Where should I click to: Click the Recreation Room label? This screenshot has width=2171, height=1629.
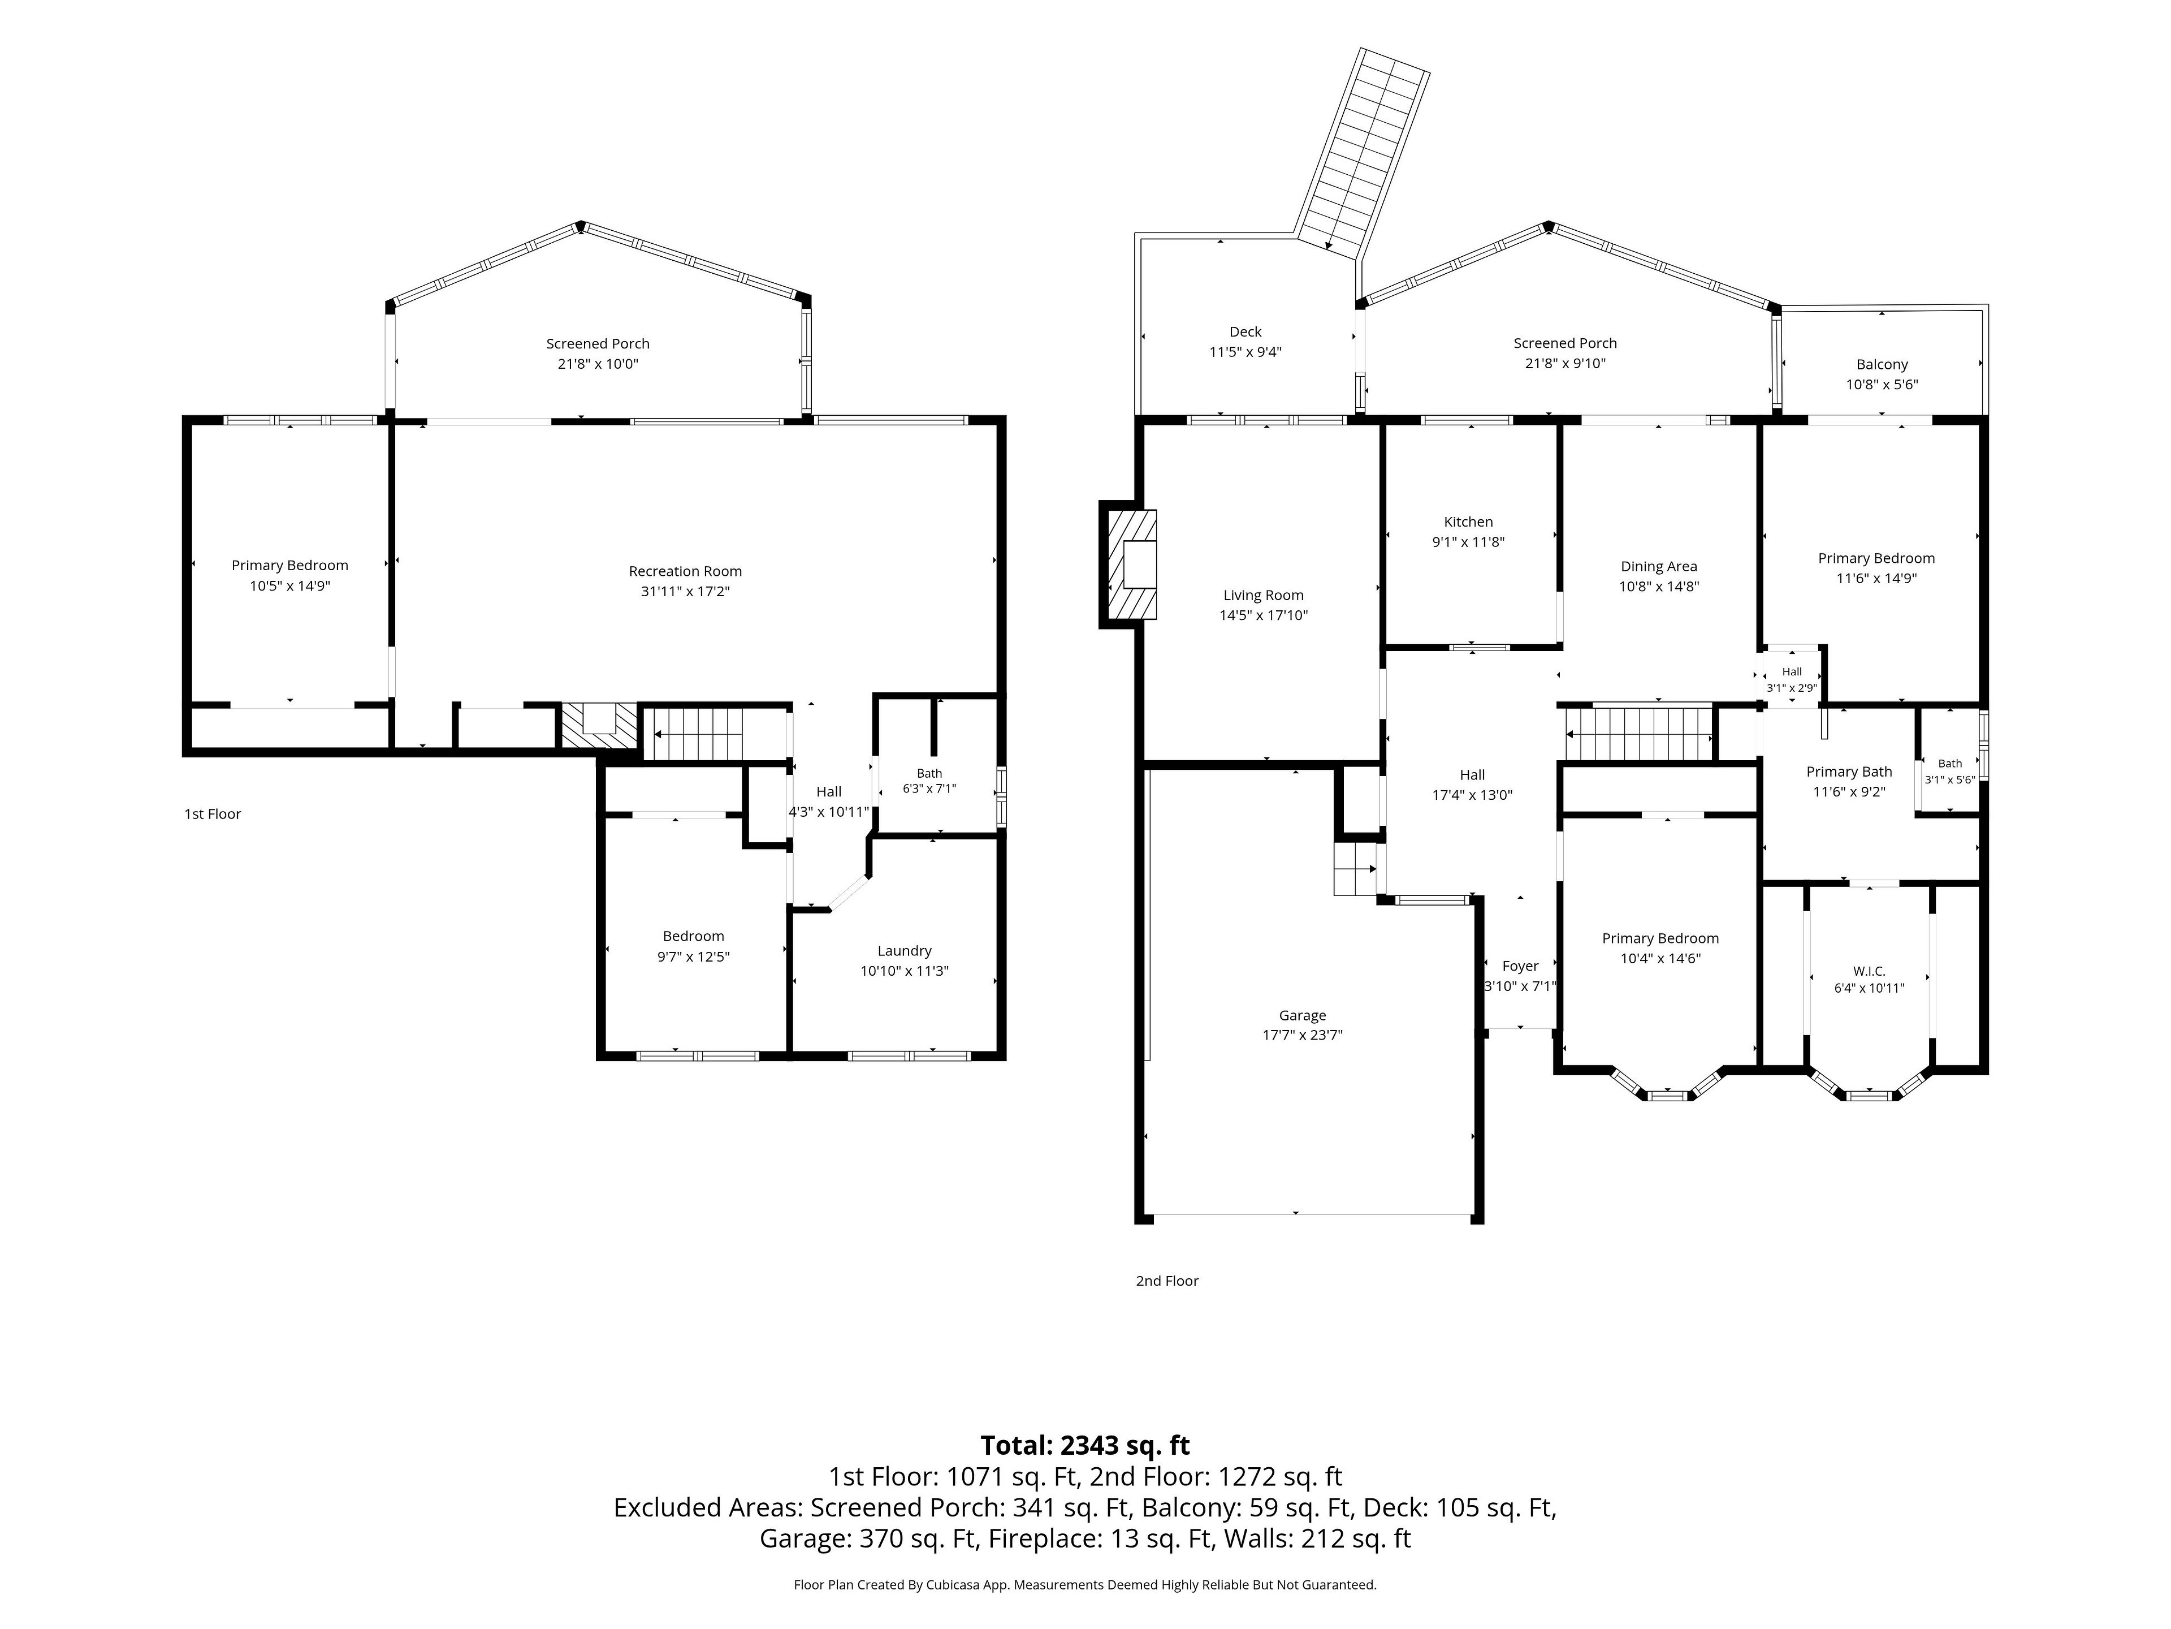tap(685, 571)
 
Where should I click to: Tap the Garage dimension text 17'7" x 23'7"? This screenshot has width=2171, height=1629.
tap(1303, 1035)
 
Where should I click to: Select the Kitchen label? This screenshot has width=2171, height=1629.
tap(1468, 523)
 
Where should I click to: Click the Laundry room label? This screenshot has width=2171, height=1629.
tap(904, 950)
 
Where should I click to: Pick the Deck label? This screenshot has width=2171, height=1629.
tap(1245, 332)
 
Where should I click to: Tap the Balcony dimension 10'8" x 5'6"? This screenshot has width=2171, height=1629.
tap(1882, 385)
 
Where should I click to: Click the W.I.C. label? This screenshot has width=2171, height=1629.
tap(1869, 971)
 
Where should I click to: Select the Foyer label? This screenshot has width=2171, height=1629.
tap(1520, 966)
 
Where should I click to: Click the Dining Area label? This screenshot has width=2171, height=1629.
tap(1659, 567)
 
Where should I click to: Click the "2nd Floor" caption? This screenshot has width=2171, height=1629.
tap(1167, 1281)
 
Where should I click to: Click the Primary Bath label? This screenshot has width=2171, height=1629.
tap(1849, 772)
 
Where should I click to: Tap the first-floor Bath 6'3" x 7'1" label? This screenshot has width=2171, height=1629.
tap(929, 781)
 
